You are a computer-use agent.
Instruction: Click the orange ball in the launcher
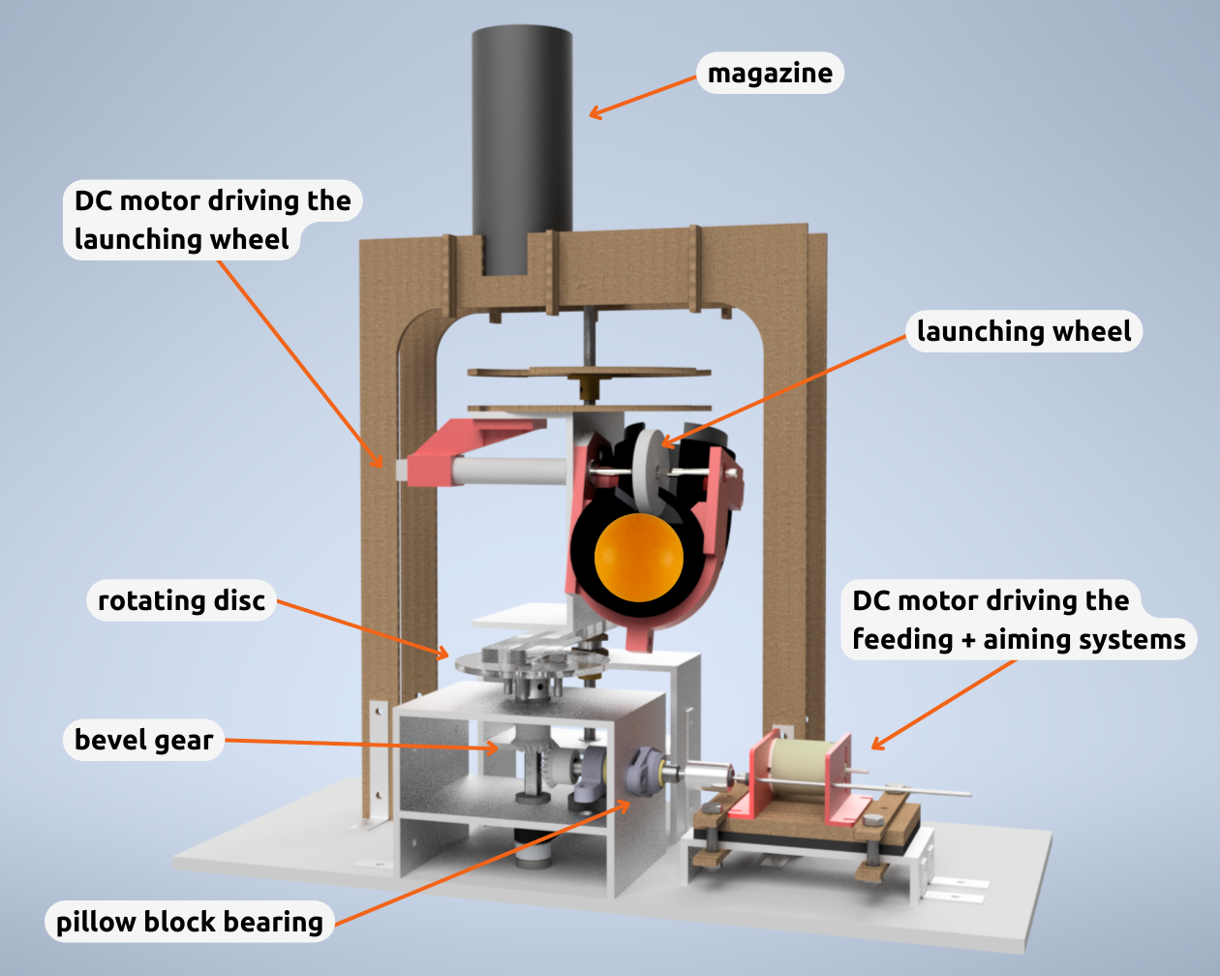click(639, 559)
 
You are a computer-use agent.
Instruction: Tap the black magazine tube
click(522, 145)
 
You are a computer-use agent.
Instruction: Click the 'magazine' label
click(770, 74)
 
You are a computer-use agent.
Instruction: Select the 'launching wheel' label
click(1023, 331)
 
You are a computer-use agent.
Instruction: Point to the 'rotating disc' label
click(181, 600)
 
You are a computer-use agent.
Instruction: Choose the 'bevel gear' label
click(143, 740)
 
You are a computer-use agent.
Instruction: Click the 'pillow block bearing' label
click(189, 922)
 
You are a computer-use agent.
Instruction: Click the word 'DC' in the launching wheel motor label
click(93, 200)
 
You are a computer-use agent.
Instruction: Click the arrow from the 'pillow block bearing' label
click(484, 862)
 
